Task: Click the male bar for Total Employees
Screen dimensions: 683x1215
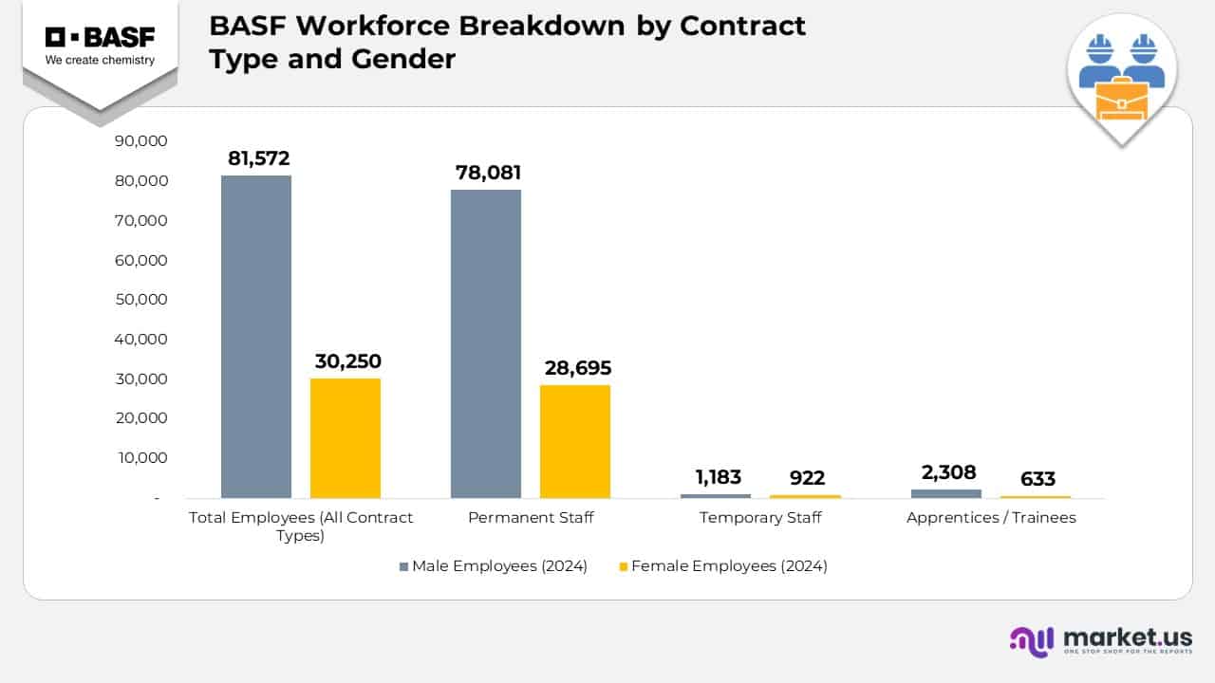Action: click(256, 337)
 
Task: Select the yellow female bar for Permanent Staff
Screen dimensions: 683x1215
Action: click(575, 441)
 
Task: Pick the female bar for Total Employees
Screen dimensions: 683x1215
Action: click(346, 438)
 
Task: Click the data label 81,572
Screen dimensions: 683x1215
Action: click(258, 158)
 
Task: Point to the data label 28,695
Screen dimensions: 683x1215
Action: click(577, 368)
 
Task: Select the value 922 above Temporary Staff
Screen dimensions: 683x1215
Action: click(807, 478)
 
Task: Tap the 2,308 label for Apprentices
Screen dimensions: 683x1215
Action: click(947, 472)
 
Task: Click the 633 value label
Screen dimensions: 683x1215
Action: click(1037, 480)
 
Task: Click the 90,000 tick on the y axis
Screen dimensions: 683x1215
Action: click(140, 141)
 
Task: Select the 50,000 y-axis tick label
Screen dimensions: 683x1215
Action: click(140, 300)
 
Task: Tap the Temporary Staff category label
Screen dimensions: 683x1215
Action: click(760, 518)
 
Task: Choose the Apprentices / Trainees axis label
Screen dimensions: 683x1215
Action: click(991, 518)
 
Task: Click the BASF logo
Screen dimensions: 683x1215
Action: click(100, 46)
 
